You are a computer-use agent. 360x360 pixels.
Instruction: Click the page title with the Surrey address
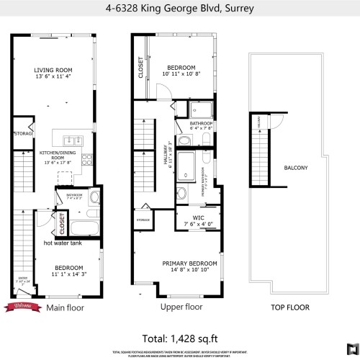click(179, 9)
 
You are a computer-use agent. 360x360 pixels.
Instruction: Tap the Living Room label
click(54, 70)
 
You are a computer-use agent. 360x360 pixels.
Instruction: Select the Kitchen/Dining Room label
click(55, 156)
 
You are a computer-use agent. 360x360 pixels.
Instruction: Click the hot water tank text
click(63, 243)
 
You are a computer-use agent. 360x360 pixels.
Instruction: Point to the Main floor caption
click(65, 307)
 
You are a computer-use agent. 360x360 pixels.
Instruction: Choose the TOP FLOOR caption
click(290, 307)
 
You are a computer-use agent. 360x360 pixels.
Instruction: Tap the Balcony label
click(295, 168)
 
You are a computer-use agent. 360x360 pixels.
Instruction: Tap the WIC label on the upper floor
click(199, 217)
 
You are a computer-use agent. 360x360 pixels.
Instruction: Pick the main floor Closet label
click(62, 223)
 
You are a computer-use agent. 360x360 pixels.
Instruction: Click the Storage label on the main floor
click(23, 133)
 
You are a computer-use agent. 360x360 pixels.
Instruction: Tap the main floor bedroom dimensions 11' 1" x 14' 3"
click(68, 274)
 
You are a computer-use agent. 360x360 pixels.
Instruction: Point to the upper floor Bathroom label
click(202, 123)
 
